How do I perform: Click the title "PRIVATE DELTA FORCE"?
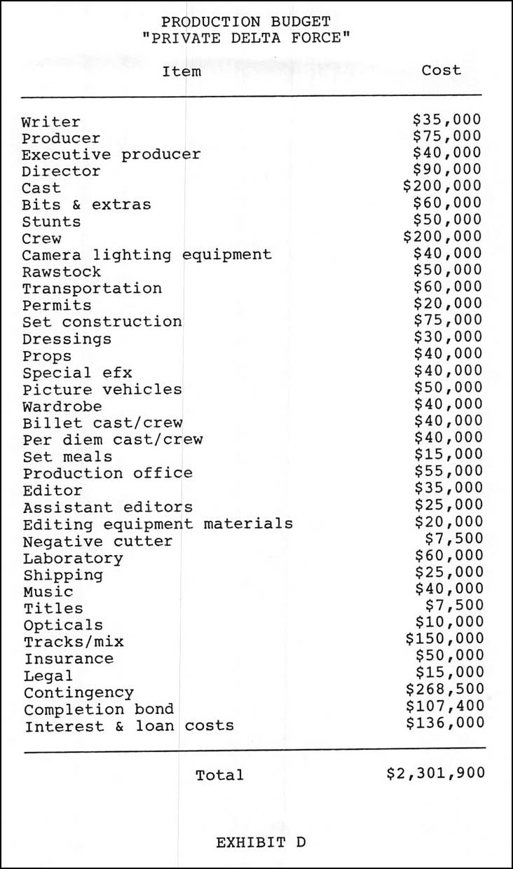coord(245,37)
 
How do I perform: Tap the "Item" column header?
coord(182,71)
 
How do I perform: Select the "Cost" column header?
coord(442,70)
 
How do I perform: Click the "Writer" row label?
coord(51,122)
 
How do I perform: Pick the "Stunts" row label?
coord(51,222)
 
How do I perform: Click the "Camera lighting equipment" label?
coord(146,254)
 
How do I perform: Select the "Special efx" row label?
coord(77,372)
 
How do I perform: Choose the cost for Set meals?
coord(448,454)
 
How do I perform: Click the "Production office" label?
coord(107,473)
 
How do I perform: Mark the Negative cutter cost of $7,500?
coord(454,538)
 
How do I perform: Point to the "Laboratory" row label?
coord(73,559)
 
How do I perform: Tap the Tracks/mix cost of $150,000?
coord(444,638)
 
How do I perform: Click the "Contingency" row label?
coord(78,693)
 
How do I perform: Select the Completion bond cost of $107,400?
coord(444,706)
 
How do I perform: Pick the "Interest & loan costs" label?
coord(129,726)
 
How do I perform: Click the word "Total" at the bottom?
coord(219,775)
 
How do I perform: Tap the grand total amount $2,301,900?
coord(435,773)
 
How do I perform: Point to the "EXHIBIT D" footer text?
coord(261,842)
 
